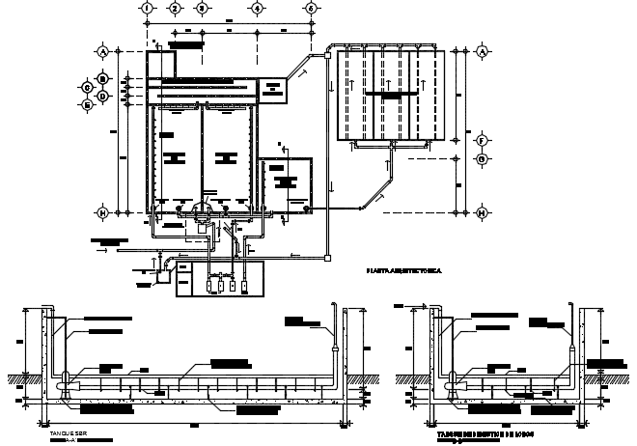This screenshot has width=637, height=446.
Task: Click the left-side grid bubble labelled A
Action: (x=101, y=50)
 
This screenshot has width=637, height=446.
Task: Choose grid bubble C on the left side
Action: (x=86, y=87)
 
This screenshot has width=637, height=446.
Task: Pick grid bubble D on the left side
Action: (x=101, y=96)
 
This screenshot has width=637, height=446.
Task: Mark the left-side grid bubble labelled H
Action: (x=101, y=211)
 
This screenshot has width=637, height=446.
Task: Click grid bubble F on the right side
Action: (x=482, y=140)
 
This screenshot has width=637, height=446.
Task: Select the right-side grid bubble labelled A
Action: (x=482, y=50)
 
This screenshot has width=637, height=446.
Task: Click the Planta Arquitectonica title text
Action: (x=402, y=273)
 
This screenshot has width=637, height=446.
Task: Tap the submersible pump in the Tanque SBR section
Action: (x=65, y=383)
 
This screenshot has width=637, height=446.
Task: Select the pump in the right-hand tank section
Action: (x=450, y=383)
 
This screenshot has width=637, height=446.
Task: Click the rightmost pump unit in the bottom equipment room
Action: (x=245, y=287)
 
